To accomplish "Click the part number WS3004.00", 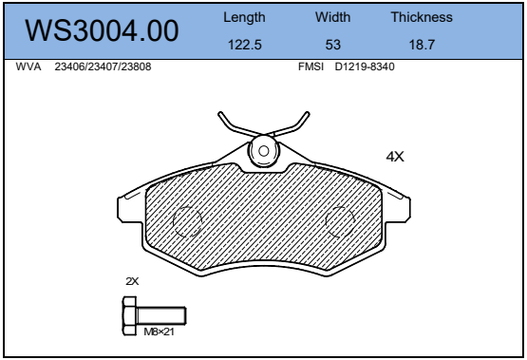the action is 102,30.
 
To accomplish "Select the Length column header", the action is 244,17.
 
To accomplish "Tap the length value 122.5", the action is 245,45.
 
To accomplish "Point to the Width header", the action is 332,17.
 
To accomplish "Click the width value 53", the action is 332,45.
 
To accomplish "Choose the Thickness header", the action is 422,17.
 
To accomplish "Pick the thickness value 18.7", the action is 422,45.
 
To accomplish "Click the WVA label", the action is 28,66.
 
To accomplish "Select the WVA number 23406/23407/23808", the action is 103,66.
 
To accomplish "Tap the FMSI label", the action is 311,66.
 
